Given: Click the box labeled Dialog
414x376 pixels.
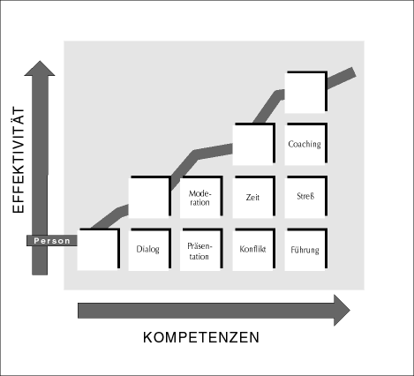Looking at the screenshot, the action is pos(150,249).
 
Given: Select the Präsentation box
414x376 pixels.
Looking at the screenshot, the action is pos(201,249).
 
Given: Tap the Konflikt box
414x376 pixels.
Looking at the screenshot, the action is pos(254,249).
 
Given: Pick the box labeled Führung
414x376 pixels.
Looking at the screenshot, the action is pos(306,249).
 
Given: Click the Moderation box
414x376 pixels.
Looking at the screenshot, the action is pos(201,197).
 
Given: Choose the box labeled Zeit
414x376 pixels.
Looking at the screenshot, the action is pos(254,197).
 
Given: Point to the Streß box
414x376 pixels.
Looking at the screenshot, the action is pos(306,197).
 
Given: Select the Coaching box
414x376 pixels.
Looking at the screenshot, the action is pos(306,144).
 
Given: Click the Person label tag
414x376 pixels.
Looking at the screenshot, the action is pos(52,241).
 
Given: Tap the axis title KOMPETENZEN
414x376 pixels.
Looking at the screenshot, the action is pos(201,337).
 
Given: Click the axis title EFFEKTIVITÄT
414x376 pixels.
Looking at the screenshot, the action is pos(19,160).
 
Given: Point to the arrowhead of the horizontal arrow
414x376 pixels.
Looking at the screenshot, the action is pos(342,310).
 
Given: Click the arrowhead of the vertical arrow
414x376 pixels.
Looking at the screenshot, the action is pos(40,68).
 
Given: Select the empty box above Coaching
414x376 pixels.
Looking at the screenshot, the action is pos(306,92).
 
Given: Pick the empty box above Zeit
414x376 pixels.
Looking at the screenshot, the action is pos(254,144).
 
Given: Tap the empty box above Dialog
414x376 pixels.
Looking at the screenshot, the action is pos(150,197).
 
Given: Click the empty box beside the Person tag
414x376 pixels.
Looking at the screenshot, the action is pos(99,249).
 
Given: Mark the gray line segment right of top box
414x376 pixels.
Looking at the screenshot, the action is pos(342,78).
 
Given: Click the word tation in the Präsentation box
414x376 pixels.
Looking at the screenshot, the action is pos(199,257).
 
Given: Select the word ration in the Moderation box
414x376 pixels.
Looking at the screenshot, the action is pos(199,202).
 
